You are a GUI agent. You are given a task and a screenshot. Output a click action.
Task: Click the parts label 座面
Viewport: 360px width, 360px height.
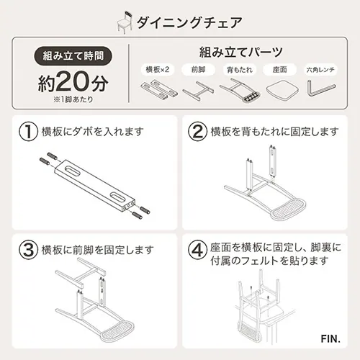(x=279, y=70)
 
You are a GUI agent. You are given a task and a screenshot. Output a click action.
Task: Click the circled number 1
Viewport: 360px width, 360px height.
(x=27, y=132)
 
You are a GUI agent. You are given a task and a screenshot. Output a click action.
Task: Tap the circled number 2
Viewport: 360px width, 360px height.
(x=197, y=132)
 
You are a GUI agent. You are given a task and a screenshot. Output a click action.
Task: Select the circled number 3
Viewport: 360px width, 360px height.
(x=27, y=251)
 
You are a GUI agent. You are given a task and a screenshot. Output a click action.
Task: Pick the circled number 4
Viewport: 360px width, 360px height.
(x=197, y=251)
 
